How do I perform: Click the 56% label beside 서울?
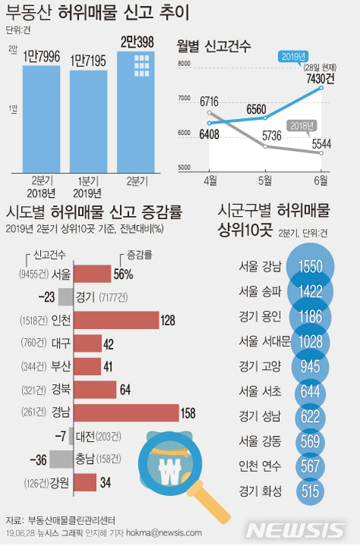[x=123, y=274]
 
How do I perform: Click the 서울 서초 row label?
[x=259, y=391]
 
